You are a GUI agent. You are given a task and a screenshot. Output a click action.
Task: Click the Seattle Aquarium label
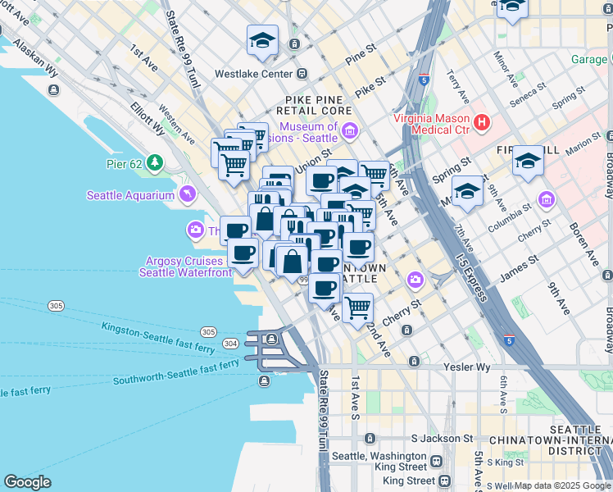click(x=131, y=195)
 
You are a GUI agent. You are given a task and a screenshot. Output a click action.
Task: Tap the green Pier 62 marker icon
click(x=157, y=162)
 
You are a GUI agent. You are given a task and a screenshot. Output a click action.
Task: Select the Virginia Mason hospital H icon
click(x=482, y=123)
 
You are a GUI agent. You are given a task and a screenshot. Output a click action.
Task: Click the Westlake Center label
click(x=253, y=74)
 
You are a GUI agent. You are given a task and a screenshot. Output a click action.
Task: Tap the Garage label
click(x=588, y=59)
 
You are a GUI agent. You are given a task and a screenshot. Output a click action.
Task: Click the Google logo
click(x=27, y=482)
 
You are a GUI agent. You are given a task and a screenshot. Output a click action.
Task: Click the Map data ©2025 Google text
click(x=562, y=485)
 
